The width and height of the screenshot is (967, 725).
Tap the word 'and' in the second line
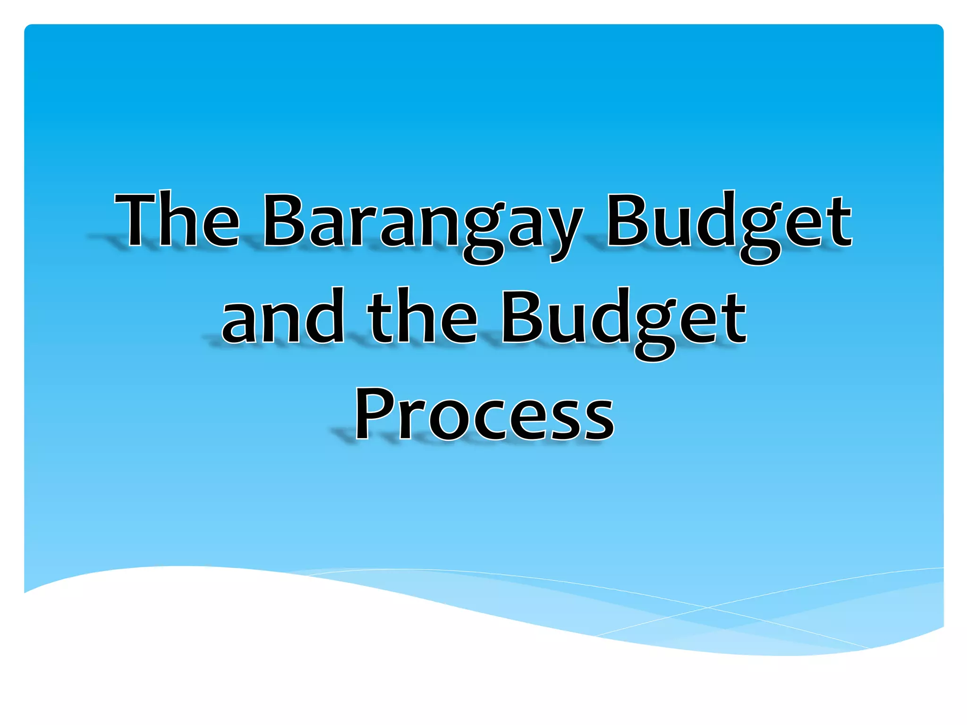coord(282,317)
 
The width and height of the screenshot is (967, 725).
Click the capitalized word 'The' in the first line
coord(177,221)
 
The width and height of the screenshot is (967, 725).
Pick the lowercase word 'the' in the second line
coord(423,317)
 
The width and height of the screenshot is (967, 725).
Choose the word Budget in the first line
coord(729,224)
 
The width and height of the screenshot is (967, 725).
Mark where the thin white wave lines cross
coord(707,607)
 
